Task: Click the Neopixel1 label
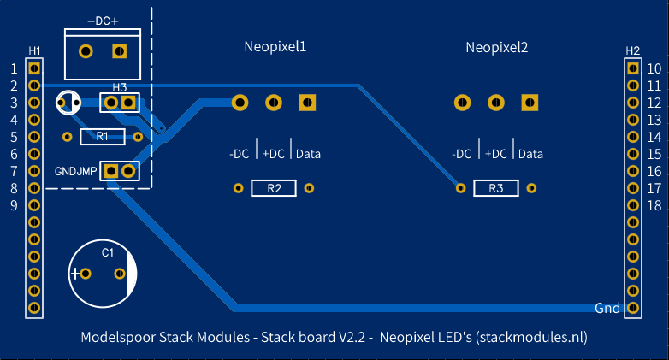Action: pyautogui.click(x=275, y=47)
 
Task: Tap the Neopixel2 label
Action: pyautogui.click(x=497, y=47)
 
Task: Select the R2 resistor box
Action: pyautogui.click(x=274, y=188)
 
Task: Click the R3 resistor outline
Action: pyautogui.click(x=496, y=188)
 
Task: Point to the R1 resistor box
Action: pyautogui.click(x=103, y=137)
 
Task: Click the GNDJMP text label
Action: pyautogui.click(x=75, y=172)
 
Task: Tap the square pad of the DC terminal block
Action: pyautogui.click(x=120, y=51)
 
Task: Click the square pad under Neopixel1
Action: pyautogui.click(x=307, y=103)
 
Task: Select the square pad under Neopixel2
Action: pyautogui.click(x=530, y=103)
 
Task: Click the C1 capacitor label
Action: pyautogui.click(x=108, y=253)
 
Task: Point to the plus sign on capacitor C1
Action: pyautogui.click(x=75, y=274)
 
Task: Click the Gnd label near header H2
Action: pyautogui.click(x=607, y=308)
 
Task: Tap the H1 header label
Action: pyautogui.click(x=34, y=51)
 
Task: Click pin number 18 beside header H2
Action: pyautogui.click(x=654, y=205)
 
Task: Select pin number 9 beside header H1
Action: pyautogui.click(x=14, y=205)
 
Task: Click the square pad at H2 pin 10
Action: pyautogui.click(x=633, y=68)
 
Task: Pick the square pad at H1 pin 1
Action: pyautogui.click(x=34, y=68)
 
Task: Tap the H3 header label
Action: pyautogui.click(x=120, y=87)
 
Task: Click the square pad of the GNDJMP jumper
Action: pyautogui.click(x=111, y=171)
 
